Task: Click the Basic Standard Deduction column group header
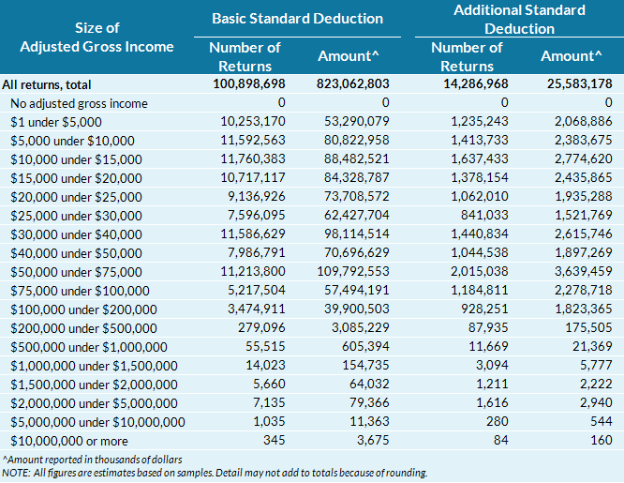(x=297, y=18)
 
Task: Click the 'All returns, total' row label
(x=53, y=84)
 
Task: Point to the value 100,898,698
(x=233, y=84)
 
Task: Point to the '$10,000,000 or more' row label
(x=72, y=441)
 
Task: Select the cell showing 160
(x=601, y=441)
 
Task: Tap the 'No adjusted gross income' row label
(x=80, y=103)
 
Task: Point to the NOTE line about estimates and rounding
(x=215, y=473)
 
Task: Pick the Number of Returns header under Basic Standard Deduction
(x=245, y=56)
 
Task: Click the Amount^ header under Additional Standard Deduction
(x=571, y=56)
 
